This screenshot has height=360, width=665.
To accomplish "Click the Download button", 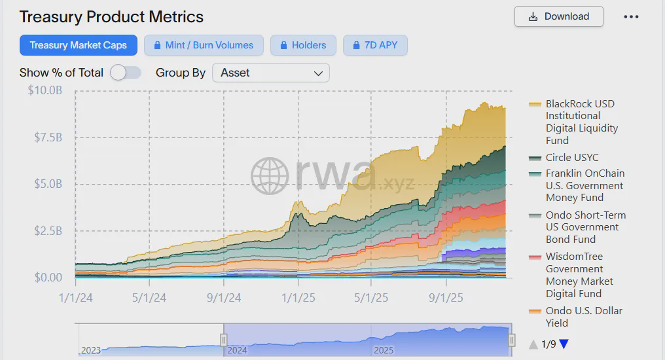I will [x=558, y=16].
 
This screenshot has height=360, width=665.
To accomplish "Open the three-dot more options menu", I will [x=631, y=16].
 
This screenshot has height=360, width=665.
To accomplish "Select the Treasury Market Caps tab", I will [x=78, y=45].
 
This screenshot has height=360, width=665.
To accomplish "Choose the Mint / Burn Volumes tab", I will [x=204, y=45].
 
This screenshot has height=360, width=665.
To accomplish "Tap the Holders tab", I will [x=302, y=45].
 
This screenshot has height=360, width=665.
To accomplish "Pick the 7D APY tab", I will [x=376, y=45].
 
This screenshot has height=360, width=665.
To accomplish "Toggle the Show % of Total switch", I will [x=126, y=73].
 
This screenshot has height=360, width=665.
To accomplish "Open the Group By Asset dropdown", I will [x=271, y=73].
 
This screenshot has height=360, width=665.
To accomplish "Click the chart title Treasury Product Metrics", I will [x=111, y=17].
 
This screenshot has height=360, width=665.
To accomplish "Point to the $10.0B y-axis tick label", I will [x=45, y=90].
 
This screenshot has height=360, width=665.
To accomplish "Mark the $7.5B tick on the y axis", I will [x=48, y=137].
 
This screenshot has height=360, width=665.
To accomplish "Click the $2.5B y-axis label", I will [x=48, y=231].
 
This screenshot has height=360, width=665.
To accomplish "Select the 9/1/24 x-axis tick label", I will [x=224, y=298].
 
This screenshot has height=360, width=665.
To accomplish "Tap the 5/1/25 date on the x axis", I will [x=371, y=298].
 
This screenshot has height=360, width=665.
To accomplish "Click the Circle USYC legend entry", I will [x=572, y=158].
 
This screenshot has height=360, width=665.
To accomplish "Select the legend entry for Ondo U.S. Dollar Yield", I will [x=584, y=317].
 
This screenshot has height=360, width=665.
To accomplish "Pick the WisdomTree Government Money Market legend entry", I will [x=579, y=275].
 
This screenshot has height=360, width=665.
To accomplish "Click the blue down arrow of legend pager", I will [x=564, y=344].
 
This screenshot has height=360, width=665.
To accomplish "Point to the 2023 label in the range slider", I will [x=91, y=350].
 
